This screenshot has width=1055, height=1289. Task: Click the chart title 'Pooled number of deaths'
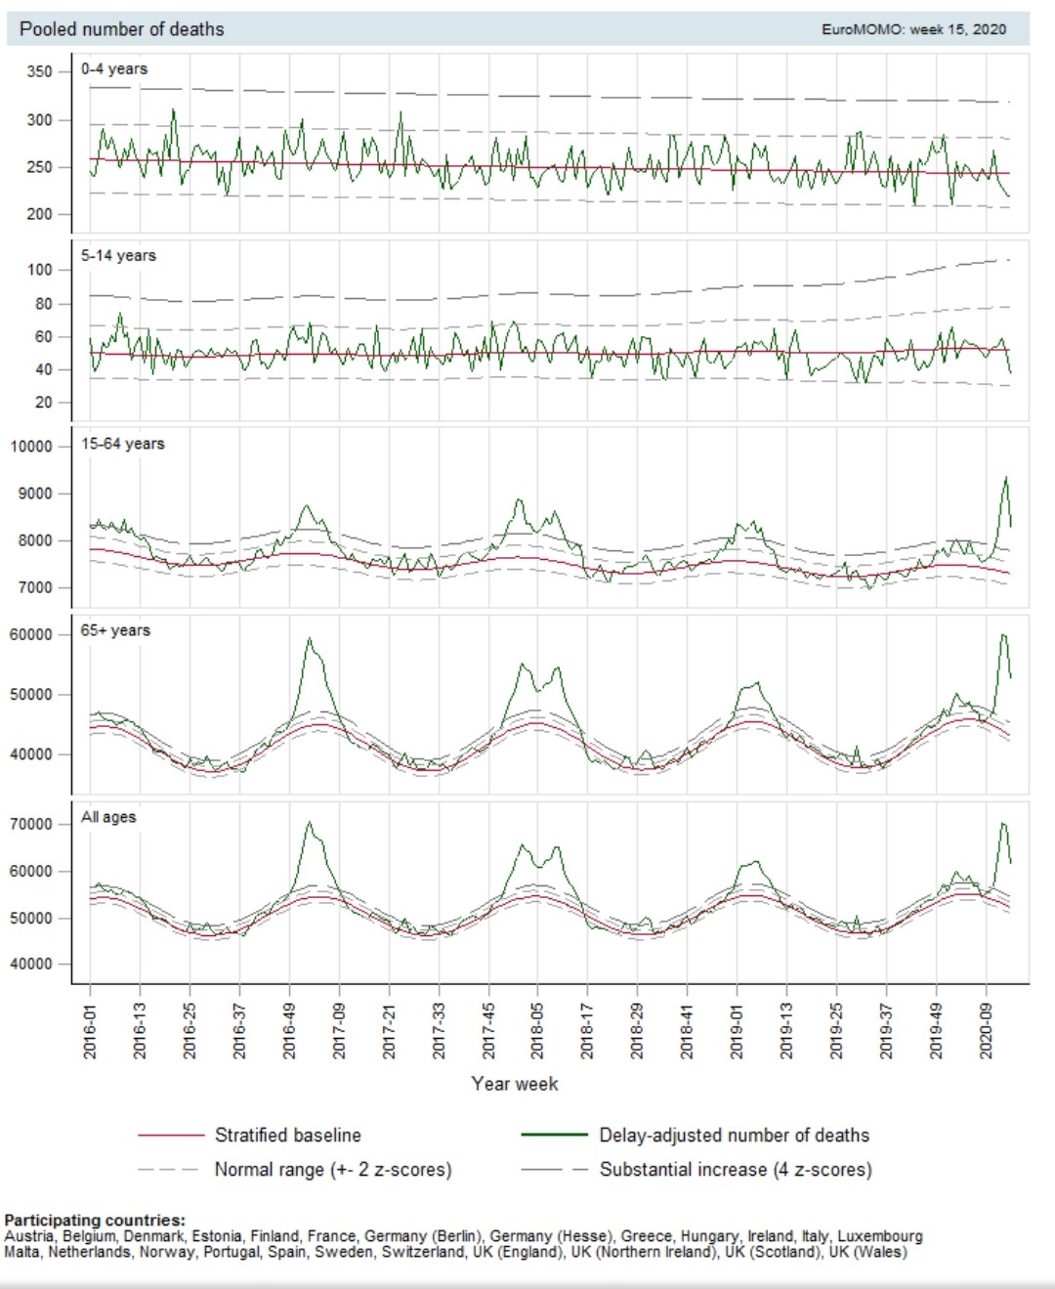click(122, 29)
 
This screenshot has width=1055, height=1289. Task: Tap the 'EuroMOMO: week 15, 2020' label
click(913, 29)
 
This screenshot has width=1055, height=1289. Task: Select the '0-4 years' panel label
click(114, 69)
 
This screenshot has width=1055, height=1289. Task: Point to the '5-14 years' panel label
click(118, 256)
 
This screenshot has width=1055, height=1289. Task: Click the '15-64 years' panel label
click(122, 444)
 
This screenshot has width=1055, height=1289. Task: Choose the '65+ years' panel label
click(115, 630)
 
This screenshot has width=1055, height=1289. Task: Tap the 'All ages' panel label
click(108, 817)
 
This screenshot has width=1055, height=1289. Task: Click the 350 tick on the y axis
click(40, 71)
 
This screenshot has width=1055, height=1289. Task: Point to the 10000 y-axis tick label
click(31, 447)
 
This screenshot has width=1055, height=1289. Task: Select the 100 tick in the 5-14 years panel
click(40, 270)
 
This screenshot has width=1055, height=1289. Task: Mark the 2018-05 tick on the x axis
click(537, 1030)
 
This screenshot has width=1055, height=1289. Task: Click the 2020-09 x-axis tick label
click(986, 1030)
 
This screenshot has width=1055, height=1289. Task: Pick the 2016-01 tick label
click(90, 1030)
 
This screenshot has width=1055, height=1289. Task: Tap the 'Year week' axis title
click(515, 1084)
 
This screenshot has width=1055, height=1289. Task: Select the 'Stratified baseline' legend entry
click(287, 1136)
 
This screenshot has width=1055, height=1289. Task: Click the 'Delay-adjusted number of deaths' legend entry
click(734, 1136)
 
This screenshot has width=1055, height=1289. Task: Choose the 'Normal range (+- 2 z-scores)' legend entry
click(332, 1170)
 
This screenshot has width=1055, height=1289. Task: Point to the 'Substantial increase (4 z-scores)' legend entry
click(735, 1170)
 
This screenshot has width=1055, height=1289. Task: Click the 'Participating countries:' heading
click(95, 1220)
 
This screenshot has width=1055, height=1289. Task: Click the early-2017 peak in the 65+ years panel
click(310, 639)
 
